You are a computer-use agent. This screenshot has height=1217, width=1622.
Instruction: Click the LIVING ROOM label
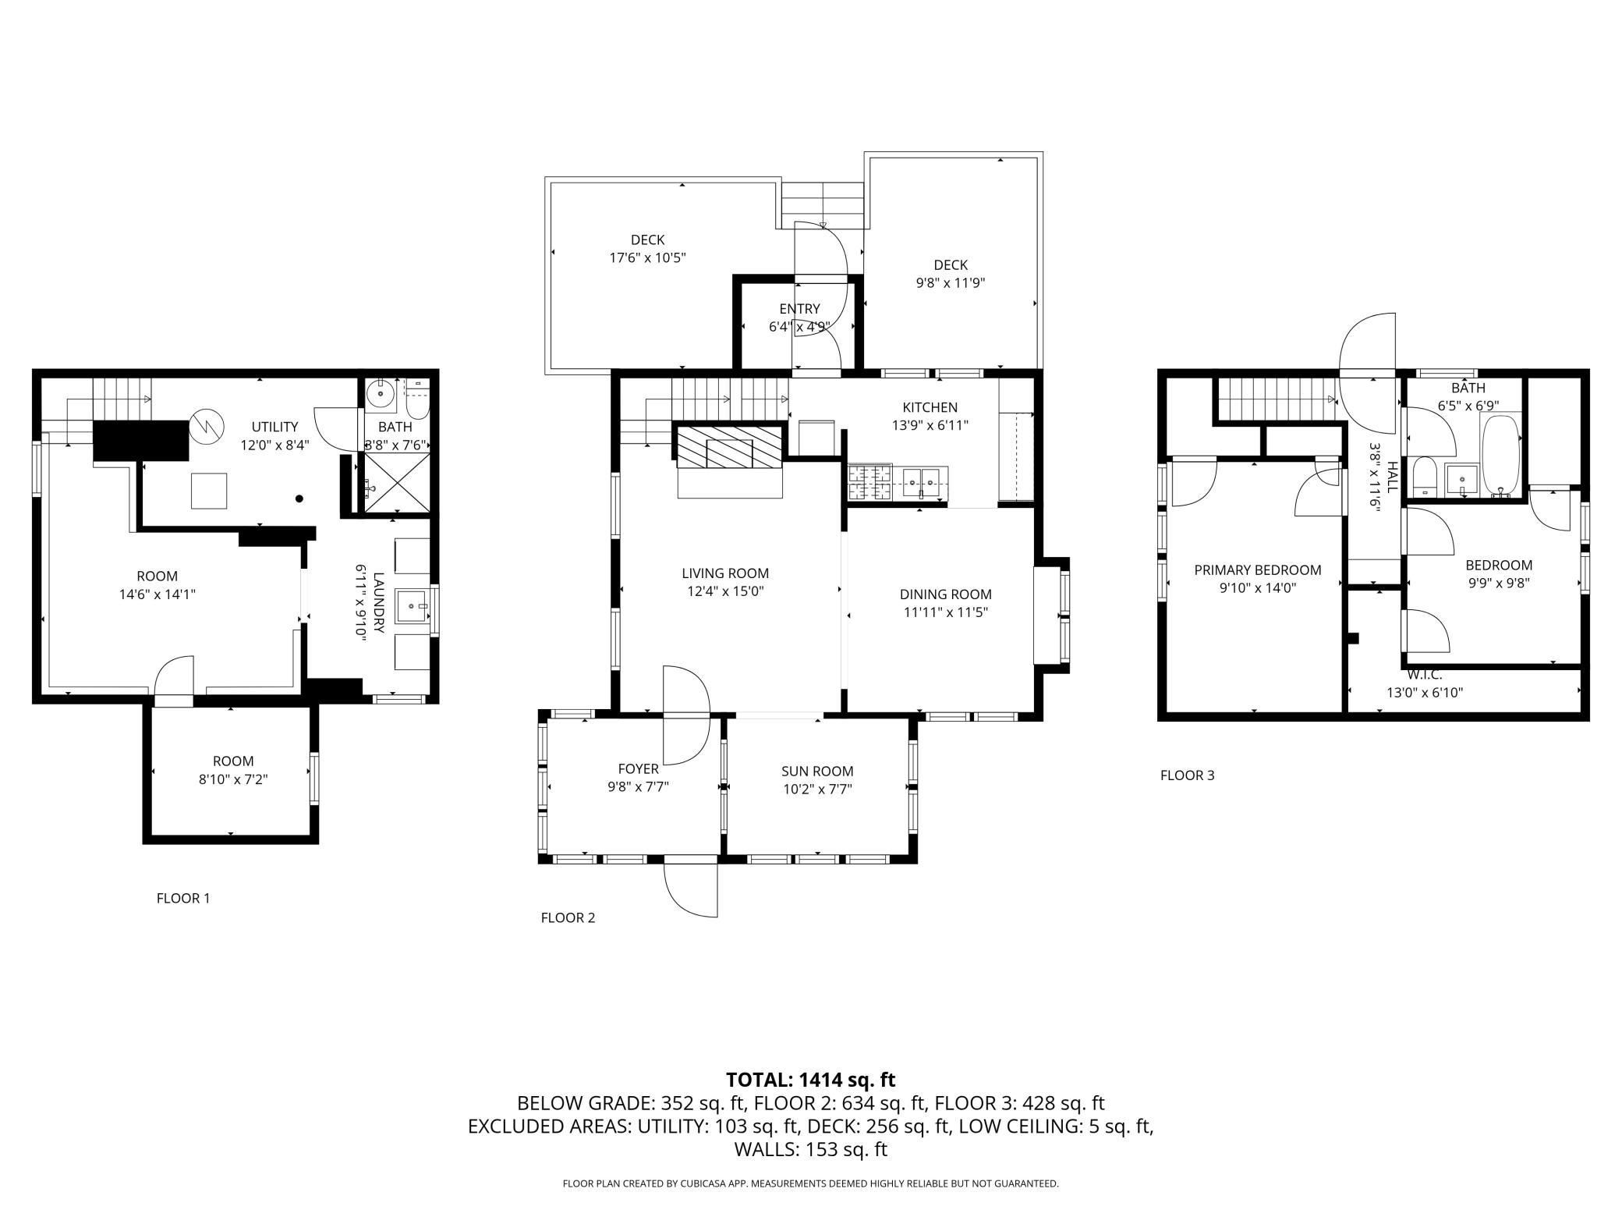pos(725,573)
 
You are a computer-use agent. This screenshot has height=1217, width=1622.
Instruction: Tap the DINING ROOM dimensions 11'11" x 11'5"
pos(946,612)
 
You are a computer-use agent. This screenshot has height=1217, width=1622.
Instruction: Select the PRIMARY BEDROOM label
pos(1258,570)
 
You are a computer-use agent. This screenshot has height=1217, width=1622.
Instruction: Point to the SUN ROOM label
pos(817,772)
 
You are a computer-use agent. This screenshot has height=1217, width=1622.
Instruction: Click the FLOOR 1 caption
pos(183,898)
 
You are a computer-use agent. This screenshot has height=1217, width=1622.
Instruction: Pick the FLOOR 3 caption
pos(1188,775)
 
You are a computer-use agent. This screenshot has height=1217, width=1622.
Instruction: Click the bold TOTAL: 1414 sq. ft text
pos(811,1080)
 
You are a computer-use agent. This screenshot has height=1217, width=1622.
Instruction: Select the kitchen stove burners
pos(869,482)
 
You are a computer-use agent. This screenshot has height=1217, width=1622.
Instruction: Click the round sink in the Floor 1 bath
pos(380,394)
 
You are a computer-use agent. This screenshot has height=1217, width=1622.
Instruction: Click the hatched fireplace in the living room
pos(729,447)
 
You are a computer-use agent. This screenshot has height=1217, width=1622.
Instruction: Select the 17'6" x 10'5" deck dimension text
pos(647,257)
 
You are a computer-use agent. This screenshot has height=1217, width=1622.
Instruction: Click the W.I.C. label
pos(1425,675)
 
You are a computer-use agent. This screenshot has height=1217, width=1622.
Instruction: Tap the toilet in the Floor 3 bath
pos(1424,476)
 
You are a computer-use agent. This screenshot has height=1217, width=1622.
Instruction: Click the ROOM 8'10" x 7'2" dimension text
pos(233,779)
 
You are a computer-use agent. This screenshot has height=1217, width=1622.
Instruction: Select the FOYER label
pos(639,769)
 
